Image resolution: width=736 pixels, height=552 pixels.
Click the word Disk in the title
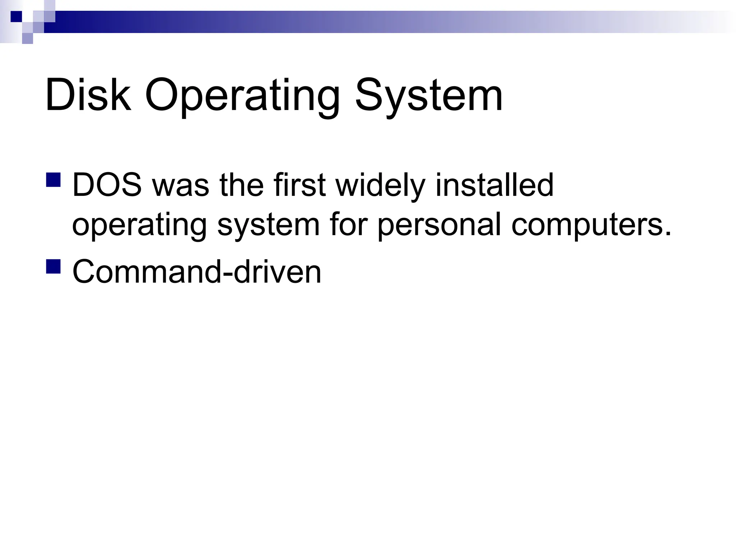point(88,96)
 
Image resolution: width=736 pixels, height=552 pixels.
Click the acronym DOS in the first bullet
point(107,185)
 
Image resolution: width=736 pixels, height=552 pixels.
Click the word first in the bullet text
point(299,185)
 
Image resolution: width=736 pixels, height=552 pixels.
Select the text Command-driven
point(197,272)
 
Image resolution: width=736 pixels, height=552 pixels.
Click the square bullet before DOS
point(54,180)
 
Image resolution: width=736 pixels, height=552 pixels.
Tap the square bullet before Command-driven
point(54,266)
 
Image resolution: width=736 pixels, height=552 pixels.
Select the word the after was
point(242,185)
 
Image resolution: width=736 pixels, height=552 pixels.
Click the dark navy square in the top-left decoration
point(16,17)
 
